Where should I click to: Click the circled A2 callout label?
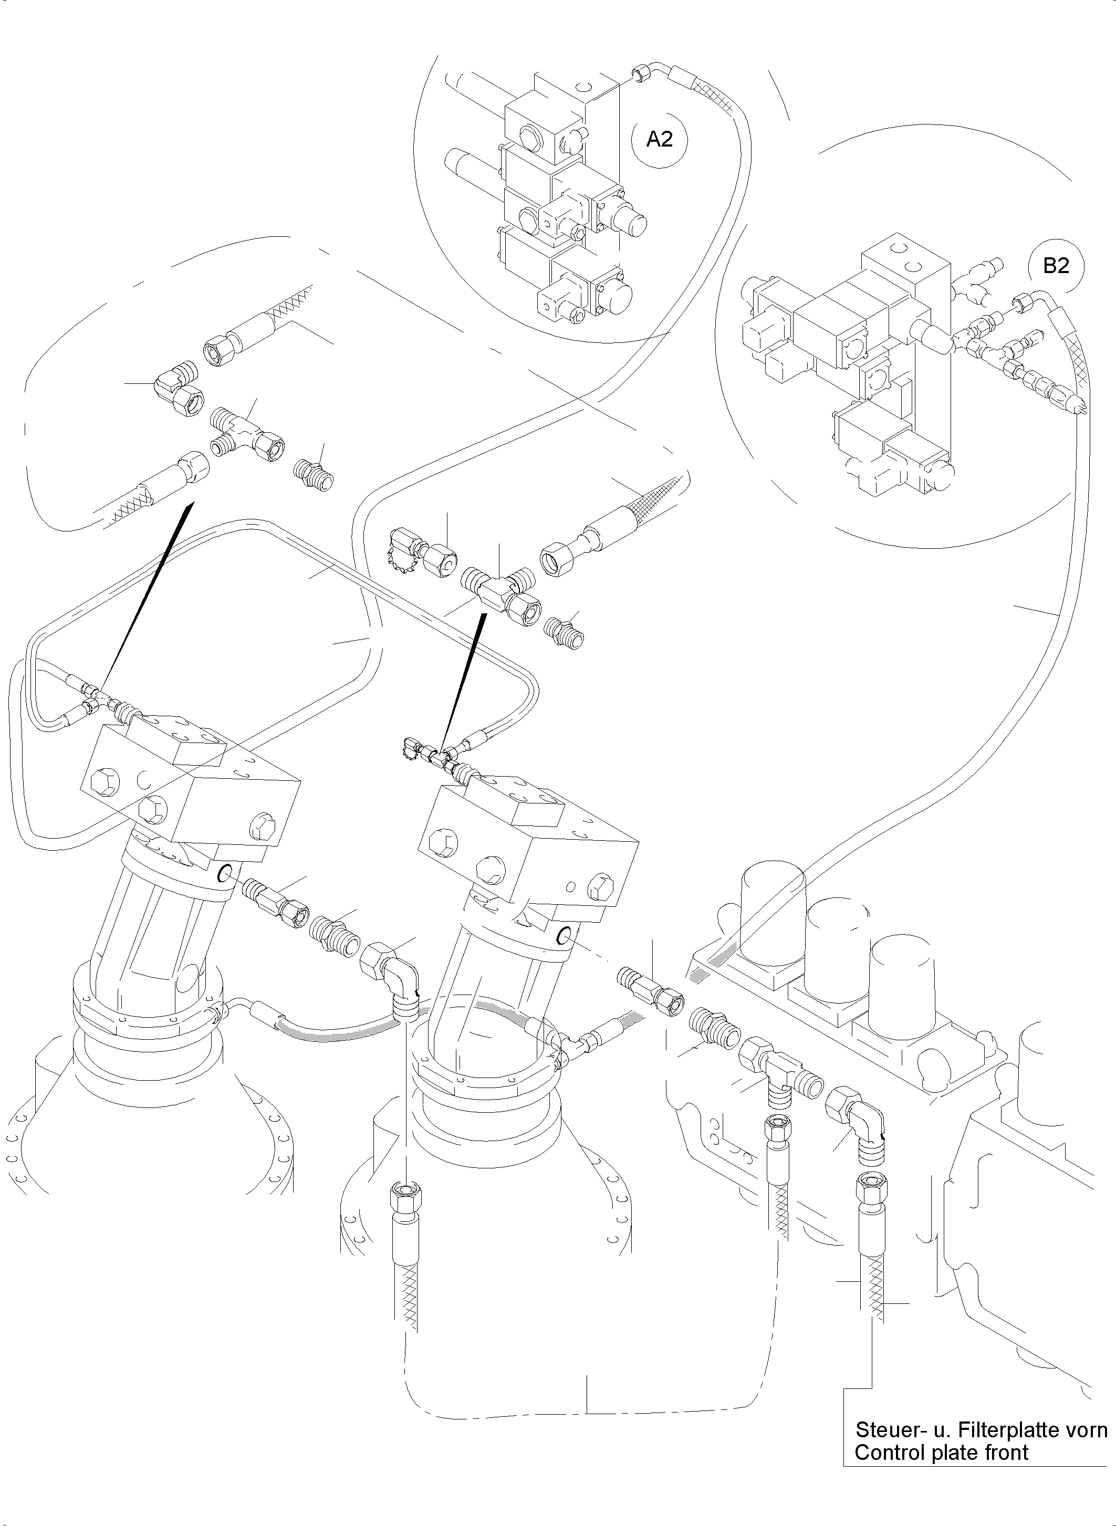point(660,139)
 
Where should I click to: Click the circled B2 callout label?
point(1056,266)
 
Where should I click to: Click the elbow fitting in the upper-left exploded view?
point(178,386)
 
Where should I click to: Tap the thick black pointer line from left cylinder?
point(145,594)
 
